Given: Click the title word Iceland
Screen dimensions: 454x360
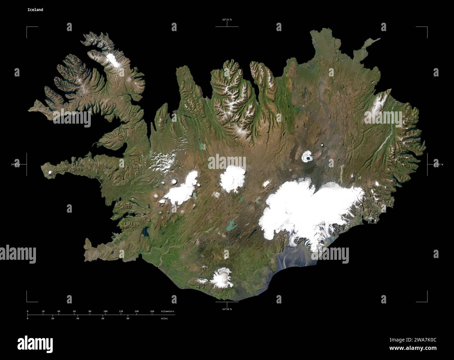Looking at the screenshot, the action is (x=35, y=10).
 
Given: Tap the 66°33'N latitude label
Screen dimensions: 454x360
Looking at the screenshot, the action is (x=227, y=20).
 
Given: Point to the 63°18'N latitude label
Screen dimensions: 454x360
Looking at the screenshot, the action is (x=227, y=309).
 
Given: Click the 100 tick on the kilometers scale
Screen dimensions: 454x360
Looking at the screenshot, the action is (x=105, y=311).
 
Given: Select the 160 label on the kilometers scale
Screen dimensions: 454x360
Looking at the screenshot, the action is (x=152, y=311).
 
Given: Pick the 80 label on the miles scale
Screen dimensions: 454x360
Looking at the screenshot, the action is (x=127, y=318).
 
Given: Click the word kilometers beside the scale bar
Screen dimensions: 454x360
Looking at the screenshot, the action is (x=167, y=311).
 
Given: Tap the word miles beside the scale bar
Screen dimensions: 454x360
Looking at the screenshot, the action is (x=164, y=318).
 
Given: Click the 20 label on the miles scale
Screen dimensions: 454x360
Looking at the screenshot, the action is (x=53, y=318).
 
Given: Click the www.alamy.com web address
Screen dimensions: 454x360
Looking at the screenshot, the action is (x=413, y=348).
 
